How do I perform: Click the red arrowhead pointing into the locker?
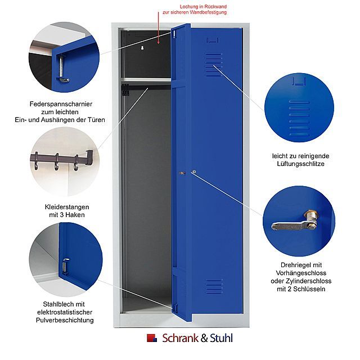coord(158,42)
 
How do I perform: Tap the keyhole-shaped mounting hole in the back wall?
coord(142,48)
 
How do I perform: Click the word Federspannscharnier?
coord(61,104)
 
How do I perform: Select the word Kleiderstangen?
coord(67,207)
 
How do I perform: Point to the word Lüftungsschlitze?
coord(300,164)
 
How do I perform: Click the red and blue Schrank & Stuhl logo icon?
coord(152,338)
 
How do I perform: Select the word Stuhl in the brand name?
coord(221,338)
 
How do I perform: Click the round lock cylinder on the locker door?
coord(194,172)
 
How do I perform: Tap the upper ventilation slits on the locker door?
coord(214,65)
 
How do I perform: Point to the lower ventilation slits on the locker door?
coord(214,286)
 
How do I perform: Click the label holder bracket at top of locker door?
coord(213,40)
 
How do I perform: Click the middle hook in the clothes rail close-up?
coord(56,163)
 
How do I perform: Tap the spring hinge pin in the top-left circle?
coord(61,66)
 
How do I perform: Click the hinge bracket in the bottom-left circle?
coord(65,266)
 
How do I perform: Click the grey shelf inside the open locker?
coord(146,80)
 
